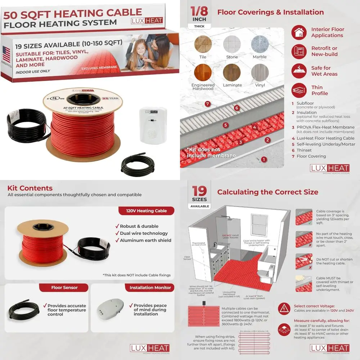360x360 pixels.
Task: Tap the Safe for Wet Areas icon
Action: [299, 71]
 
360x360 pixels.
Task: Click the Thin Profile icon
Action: [299, 90]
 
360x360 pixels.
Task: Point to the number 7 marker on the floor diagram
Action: [207, 104]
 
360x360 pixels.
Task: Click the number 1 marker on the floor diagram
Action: [264, 159]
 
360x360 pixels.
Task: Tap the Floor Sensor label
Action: [64, 288]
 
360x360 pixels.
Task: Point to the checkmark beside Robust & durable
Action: [117, 226]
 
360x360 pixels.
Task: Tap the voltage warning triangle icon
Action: [284, 309]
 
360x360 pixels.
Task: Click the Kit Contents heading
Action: [30, 188]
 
